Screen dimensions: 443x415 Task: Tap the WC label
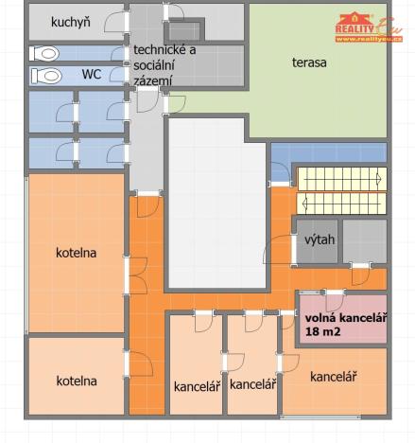coord(92,73)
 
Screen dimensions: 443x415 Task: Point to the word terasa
coord(308,62)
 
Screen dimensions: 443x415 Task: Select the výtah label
coord(320,239)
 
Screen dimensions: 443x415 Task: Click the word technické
coord(160,50)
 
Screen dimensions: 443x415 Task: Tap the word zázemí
coord(153,80)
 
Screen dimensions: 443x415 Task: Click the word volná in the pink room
coord(323,318)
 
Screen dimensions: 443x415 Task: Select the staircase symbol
coord(341,189)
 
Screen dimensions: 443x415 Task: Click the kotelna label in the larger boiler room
coord(77,253)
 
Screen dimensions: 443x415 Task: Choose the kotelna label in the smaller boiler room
coord(77,381)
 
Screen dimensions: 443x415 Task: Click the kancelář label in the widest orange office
coord(333,377)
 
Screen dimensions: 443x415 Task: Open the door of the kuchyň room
coord(115,23)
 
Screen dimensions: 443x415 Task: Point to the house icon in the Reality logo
coord(354,18)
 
